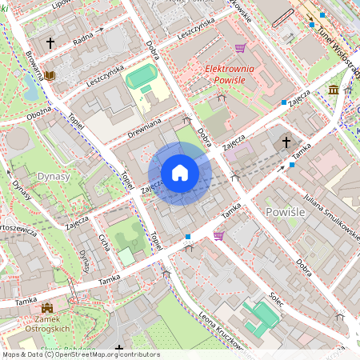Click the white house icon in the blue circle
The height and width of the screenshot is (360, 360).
tap(180, 173)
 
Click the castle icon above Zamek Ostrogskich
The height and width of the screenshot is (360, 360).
tap(47, 307)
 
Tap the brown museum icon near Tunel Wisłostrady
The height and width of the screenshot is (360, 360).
tap(333, 89)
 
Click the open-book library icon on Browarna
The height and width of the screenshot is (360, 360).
tap(50, 75)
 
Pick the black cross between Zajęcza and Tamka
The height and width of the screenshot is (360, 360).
tap(286, 143)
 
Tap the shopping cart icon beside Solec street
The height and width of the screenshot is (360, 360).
tap(218, 236)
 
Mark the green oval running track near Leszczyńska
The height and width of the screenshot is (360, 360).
tap(141, 78)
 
